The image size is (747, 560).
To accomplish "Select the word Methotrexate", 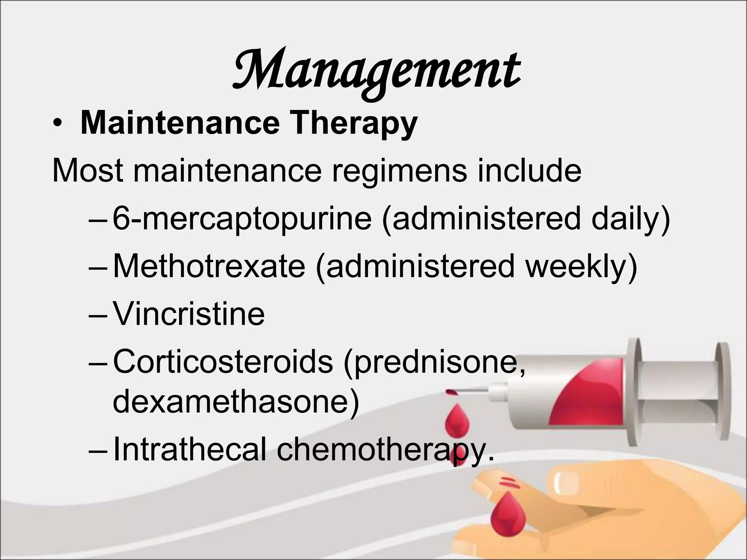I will point(209,266).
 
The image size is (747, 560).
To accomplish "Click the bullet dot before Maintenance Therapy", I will point(56,124).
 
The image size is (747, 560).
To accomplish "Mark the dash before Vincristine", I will point(98,314).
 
